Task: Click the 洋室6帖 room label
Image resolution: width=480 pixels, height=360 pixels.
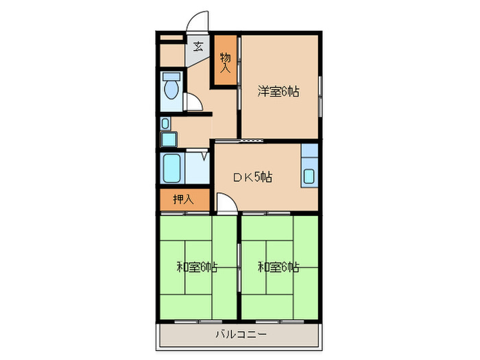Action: pyautogui.click(x=278, y=91)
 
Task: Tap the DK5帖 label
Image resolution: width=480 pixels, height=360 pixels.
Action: pyautogui.click(x=253, y=177)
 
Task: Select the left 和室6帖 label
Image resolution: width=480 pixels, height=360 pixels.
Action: pyautogui.click(x=197, y=267)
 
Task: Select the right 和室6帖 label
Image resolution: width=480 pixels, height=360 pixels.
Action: pyautogui.click(x=278, y=267)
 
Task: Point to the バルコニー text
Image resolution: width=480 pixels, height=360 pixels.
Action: pyautogui.click(x=241, y=334)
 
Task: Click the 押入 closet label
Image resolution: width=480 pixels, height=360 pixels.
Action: pyautogui.click(x=183, y=200)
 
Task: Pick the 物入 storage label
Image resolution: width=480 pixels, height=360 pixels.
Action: pyautogui.click(x=226, y=63)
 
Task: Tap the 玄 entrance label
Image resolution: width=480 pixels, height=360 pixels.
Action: pyautogui.click(x=198, y=47)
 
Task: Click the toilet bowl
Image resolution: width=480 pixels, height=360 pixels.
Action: pyautogui.click(x=171, y=89)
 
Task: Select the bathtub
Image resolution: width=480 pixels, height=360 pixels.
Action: pyautogui.click(x=171, y=168)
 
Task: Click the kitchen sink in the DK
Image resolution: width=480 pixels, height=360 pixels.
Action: pyautogui.click(x=309, y=176)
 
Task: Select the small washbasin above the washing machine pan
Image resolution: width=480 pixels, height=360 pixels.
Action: pyautogui.click(x=165, y=123)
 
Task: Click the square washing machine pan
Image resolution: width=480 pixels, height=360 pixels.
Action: pyautogui.click(x=169, y=139)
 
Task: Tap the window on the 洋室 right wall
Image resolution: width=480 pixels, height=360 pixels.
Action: pyautogui.click(x=320, y=97)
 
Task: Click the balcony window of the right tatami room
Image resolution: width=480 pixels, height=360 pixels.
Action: pyautogui.click(x=280, y=322)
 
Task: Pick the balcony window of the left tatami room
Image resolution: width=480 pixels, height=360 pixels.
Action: pyautogui.click(x=198, y=322)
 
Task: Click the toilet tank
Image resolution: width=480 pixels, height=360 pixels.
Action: pyautogui.click(x=171, y=76)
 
